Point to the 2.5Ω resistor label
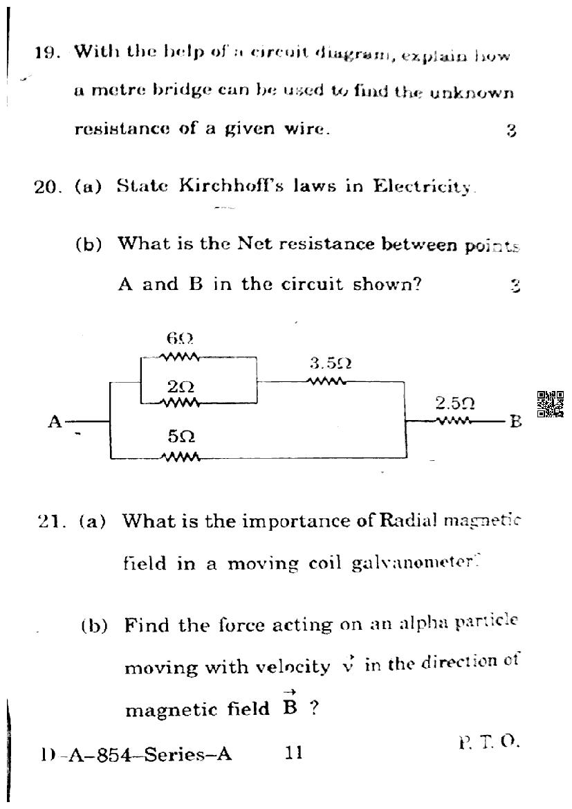pyautogui.click(x=454, y=402)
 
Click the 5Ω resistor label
pyautogui.click(x=181, y=437)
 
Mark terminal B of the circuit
pyautogui.click(x=515, y=421)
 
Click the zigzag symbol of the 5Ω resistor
pyautogui.click(x=180, y=457)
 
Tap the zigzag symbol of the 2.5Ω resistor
pyautogui.click(x=453, y=420)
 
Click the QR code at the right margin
pyautogui.click(x=551, y=404)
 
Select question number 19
pyautogui.click(x=47, y=52)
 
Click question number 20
pyautogui.click(x=47, y=186)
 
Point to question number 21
pyautogui.click(x=52, y=521)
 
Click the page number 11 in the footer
pyautogui.click(x=294, y=753)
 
